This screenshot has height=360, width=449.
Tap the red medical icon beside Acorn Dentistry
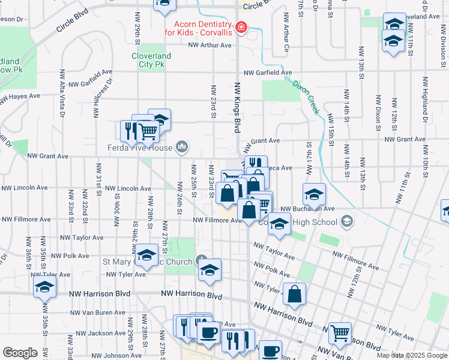pos(241,27)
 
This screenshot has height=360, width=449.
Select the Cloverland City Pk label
pos(151,61)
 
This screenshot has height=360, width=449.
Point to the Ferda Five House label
pos(140,148)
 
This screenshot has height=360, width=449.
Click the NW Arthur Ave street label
pos(209,45)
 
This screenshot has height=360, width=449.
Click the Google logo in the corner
pos(20,353)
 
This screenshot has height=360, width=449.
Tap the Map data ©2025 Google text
pos(412,355)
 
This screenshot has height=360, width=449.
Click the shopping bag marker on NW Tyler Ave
pos(294,293)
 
